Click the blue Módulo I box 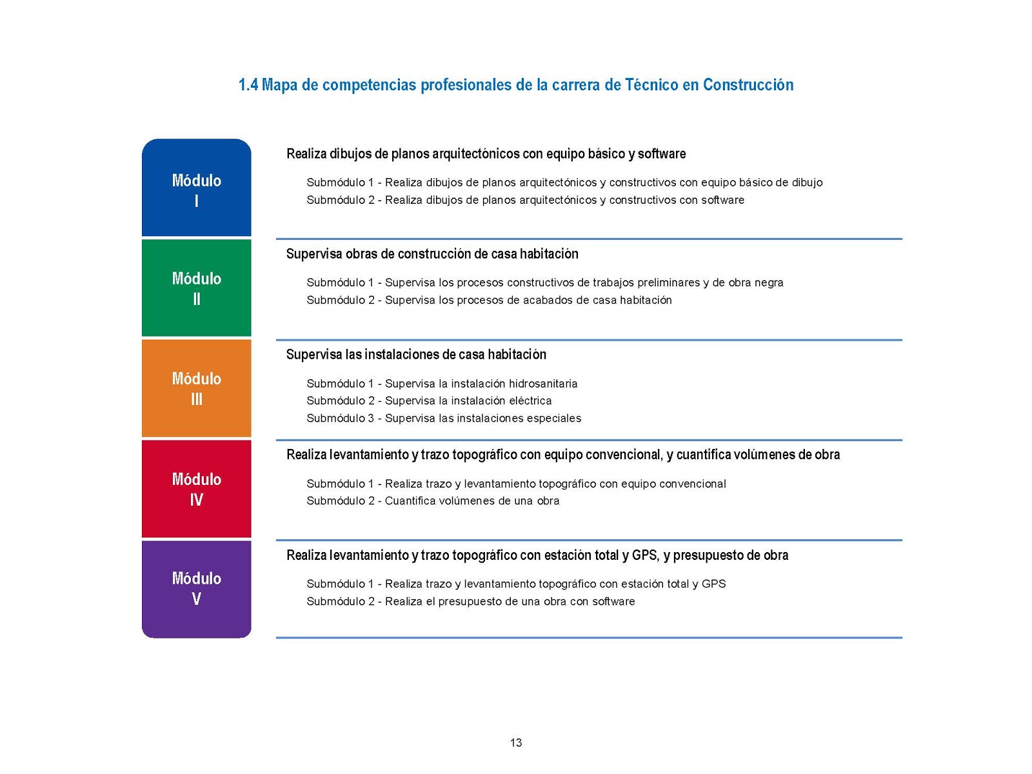click(196, 188)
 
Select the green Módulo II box click(196, 288)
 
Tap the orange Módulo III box click(196, 388)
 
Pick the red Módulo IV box click(196, 489)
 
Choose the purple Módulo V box click(196, 588)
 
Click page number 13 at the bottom click(516, 742)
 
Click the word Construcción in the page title click(748, 84)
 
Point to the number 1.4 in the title click(248, 84)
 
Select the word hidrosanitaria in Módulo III click(543, 384)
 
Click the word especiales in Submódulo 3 click(554, 418)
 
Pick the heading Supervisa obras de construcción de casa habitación click(432, 253)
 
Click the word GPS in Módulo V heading click(644, 555)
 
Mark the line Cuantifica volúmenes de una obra click(472, 501)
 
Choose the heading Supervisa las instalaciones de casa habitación click(416, 354)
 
